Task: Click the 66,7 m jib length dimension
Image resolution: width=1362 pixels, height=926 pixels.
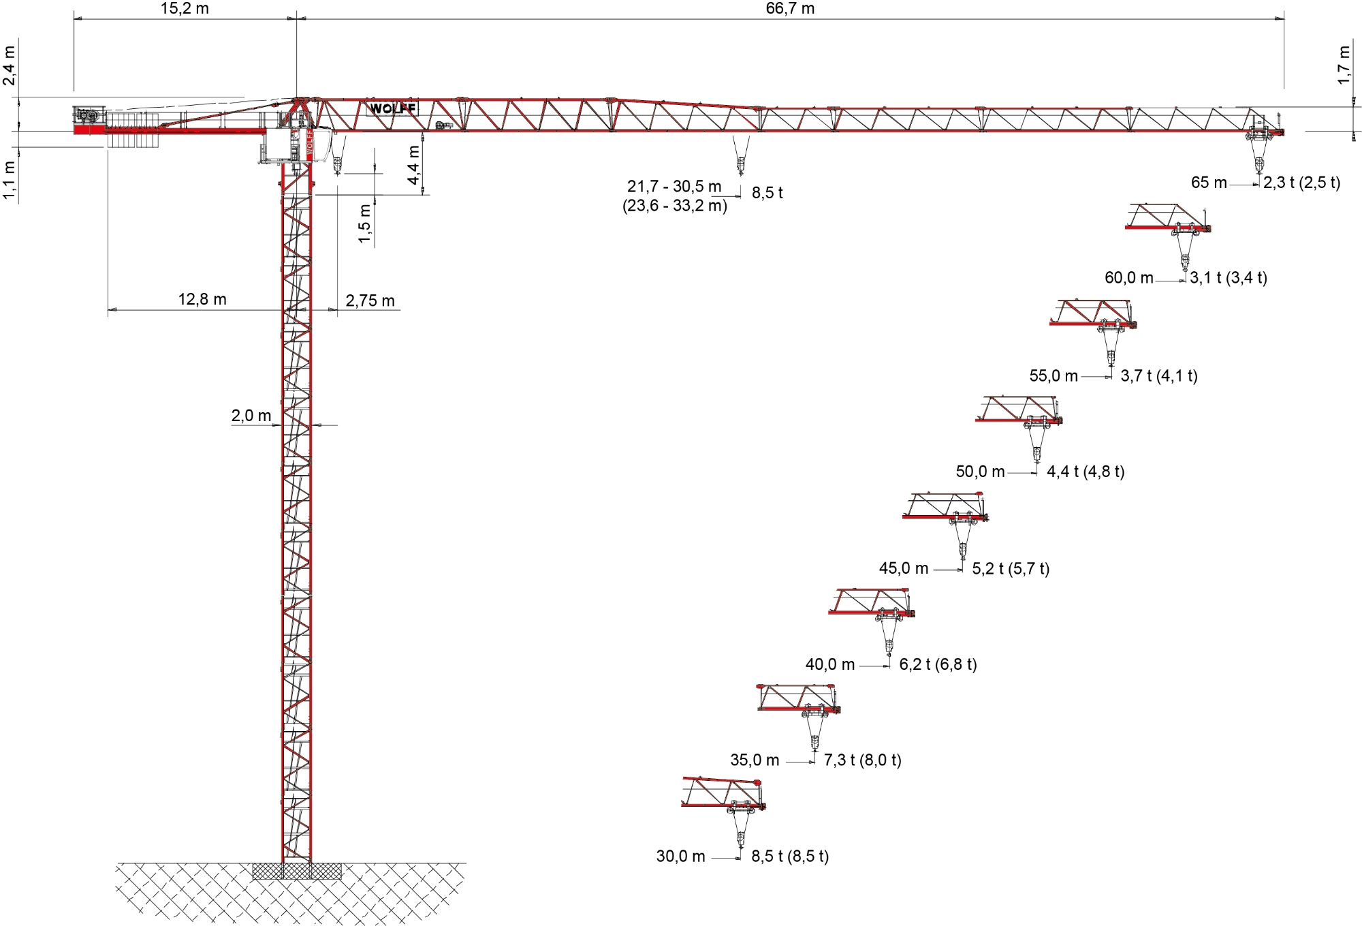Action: [x=790, y=9]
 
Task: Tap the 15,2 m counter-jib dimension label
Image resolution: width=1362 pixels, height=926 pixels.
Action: [x=185, y=9]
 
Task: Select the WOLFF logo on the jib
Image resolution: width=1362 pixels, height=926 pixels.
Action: [x=393, y=108]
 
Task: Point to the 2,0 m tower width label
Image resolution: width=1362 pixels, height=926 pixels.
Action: [x=251, y=416]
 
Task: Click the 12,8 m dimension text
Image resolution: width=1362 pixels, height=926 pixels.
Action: [x=202, y=299]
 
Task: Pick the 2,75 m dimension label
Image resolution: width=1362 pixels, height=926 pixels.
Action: [x=370, y=300]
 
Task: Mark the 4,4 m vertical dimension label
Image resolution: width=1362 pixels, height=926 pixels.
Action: [x=414, y=165]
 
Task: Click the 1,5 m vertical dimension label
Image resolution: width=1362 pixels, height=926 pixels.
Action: [x=365, y=223]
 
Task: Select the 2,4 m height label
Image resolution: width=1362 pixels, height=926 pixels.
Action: [x=9, y=65]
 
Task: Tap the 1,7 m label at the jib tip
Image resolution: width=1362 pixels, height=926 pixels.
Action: [x=1344, y=65]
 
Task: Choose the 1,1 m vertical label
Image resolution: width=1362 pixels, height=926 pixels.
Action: [x=9, y=180]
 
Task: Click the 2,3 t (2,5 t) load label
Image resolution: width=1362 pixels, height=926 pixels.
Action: [x=1301, y=183]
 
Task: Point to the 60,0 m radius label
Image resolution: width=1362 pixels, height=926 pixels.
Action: [x=1129, y=278]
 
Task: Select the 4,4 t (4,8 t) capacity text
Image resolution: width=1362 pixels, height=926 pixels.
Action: [x=1086, y=472]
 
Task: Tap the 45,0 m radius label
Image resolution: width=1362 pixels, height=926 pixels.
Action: [x=904, y=568]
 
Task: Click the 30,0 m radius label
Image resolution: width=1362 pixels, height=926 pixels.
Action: [x=680, y=856]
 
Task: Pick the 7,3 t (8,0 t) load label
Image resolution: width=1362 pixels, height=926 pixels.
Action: [x=862, y=760]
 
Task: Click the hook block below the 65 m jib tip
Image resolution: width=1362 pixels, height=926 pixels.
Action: [x=1259, y=164]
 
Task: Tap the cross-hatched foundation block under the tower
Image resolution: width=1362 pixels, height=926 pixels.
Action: [x=297, y=871]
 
